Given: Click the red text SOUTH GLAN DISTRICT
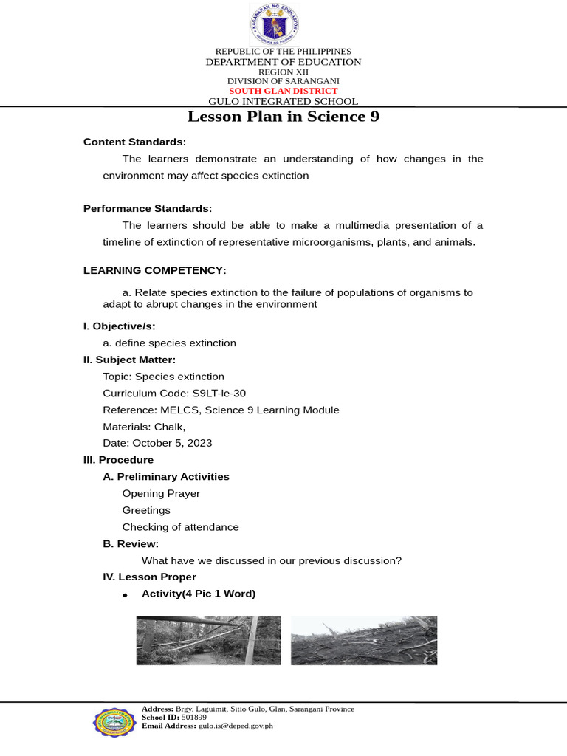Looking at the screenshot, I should [x=283, y=91].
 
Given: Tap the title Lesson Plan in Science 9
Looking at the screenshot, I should [x=283, y=117].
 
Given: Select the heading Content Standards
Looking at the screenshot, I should [x=134, y=142].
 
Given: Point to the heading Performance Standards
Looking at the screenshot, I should [x=148, y=209].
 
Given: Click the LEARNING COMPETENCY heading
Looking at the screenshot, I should [x=154, y=270].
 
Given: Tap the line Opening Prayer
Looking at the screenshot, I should [x=161, y=493].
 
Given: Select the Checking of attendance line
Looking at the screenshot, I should [x=180, y=527].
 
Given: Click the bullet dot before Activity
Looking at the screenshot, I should [x=126, y=595].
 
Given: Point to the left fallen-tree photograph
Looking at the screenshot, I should [x=208, y=640].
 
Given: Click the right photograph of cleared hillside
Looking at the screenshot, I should [x=363, y=640].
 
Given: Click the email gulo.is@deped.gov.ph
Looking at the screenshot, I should [x=236, y=726].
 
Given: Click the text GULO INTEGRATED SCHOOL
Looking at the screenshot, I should [x=283, y=102].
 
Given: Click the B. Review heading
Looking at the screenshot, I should [x=131, y=543].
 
